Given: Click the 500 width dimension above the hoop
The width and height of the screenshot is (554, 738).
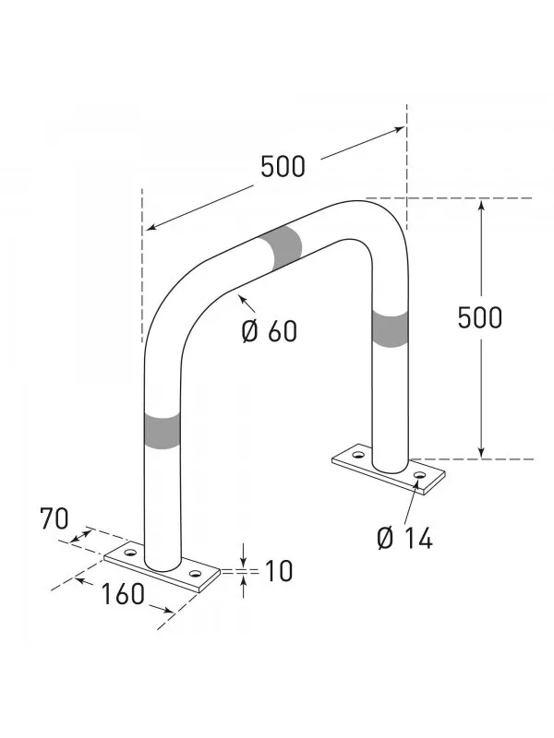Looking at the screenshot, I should (x=282, y=167).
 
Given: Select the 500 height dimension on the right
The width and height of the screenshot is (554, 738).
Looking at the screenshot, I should (x=480, y=316).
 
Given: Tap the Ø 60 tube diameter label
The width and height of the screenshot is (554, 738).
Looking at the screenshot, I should (x=270, y=331).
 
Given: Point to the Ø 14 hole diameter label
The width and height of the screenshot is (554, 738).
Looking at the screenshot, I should (x=403, y=536).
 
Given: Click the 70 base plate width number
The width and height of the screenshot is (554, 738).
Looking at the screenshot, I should (x=54, y=519).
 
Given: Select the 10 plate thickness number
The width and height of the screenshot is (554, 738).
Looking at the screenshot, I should (x=277, y=571).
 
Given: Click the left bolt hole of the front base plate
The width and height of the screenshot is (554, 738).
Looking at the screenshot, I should (x=129, y=553).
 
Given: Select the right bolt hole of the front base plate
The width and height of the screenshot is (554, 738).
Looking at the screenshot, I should (x=195, y=573).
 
